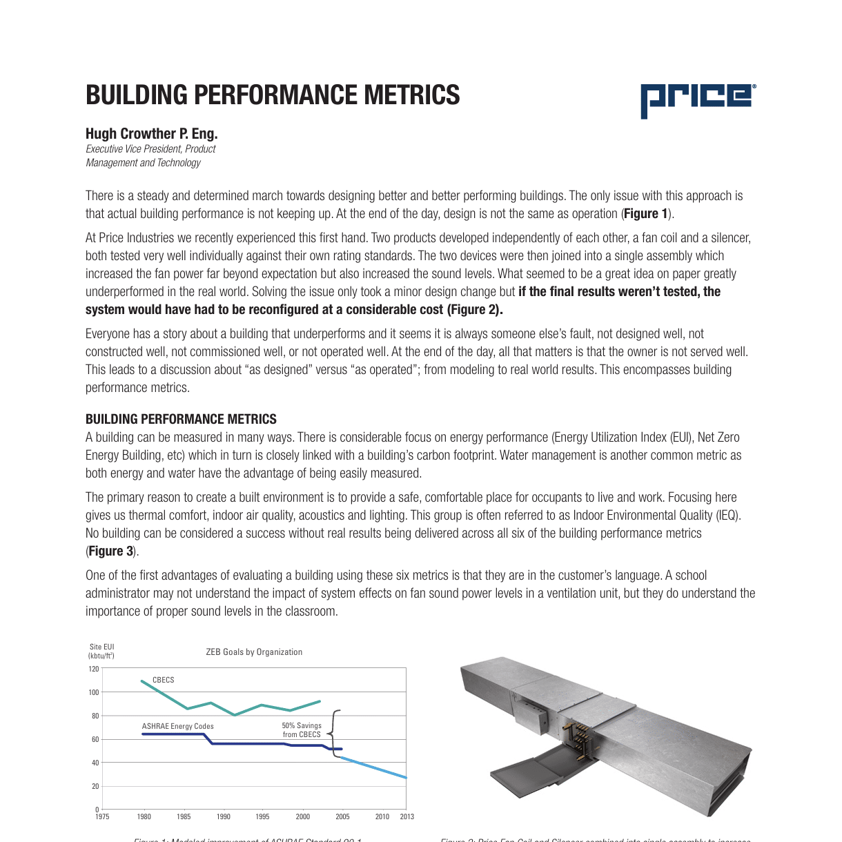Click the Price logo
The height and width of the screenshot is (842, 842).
(x=697, y=99)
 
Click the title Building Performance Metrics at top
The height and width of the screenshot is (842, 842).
(x=273, y=95)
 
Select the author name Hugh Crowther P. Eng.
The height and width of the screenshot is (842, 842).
(x=151, y=134)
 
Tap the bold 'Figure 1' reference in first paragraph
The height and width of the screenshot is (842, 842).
(x=646, y=214)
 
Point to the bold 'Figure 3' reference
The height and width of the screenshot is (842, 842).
(x=111, y=551)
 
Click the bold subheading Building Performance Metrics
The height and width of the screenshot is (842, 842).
(x=181, y=419)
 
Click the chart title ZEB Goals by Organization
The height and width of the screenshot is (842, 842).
(x=254, y=652)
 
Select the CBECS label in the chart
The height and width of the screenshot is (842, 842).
(x=164, y=680)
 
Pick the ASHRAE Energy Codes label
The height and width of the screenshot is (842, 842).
(x=177, y=726)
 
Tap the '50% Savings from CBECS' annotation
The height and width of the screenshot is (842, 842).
(x=302, y=730)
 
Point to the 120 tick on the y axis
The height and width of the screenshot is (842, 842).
(x=94, y=669)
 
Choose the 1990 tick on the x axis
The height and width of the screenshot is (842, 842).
(x=224, y=816)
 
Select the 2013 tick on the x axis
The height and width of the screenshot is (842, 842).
(x=407, y=816)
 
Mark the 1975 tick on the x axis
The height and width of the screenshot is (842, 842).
(x=102, y=816)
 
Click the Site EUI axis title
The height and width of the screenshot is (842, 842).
(x=101, y=652)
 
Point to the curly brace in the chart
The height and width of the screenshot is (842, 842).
(x=335, y=734)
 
